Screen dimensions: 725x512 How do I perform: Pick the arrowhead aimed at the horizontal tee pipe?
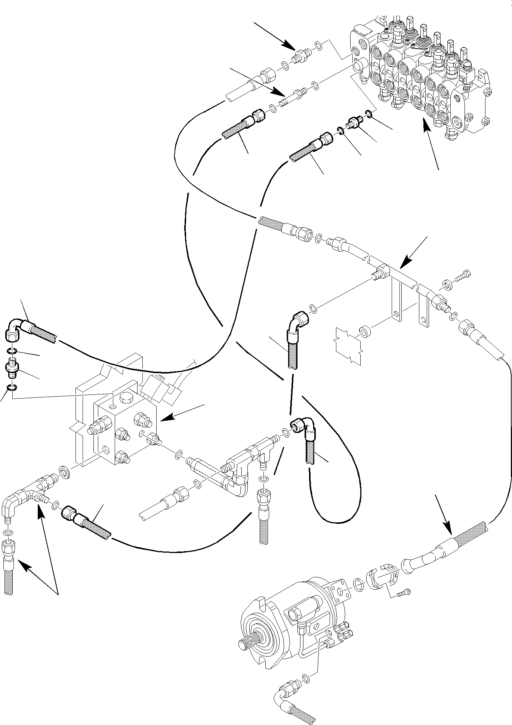403,266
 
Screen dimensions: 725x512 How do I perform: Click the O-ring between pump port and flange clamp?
358,583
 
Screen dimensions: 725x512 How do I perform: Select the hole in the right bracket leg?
423,320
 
